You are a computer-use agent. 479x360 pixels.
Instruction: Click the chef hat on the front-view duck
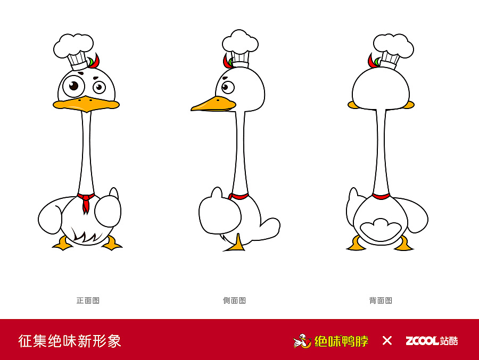(75, 49)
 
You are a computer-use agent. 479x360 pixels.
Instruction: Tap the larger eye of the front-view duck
(73, 86)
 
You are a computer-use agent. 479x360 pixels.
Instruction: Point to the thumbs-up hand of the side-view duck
(219, 213)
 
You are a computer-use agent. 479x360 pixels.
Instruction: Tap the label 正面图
(88, 300)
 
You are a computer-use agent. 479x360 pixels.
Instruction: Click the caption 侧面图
(234, 300)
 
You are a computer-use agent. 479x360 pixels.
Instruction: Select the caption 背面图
(381, 300)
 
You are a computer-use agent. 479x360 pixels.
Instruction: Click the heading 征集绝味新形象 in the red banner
(70, 341)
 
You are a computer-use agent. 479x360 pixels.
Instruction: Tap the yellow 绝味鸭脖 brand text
(341, 341)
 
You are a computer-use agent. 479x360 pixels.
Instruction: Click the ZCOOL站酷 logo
(432, 341)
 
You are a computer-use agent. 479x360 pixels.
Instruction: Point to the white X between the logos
(387, 341)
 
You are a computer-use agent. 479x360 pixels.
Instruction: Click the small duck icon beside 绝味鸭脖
(302, 341)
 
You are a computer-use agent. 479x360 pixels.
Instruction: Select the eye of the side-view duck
(227, 87)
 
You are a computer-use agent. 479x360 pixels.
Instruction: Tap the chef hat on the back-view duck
(393, 48)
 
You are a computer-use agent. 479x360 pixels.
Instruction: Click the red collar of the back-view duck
(381, 196)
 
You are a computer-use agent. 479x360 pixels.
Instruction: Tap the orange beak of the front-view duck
(86, 104)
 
